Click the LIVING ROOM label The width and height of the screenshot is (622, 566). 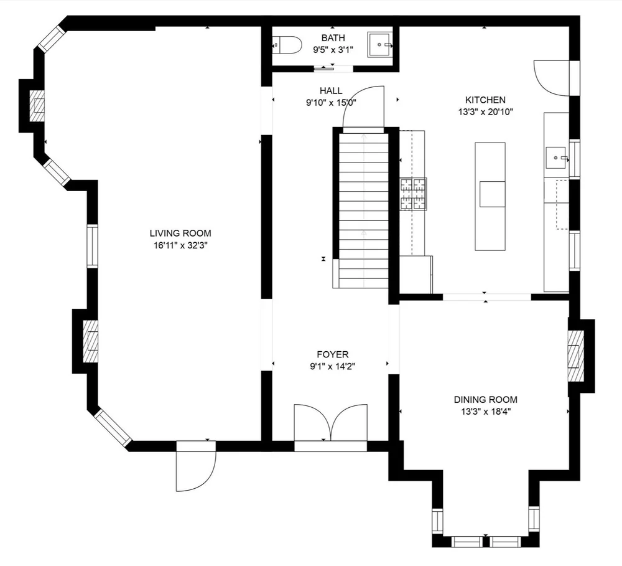pos(175,233)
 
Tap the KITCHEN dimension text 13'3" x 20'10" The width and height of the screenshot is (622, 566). pos(485,112)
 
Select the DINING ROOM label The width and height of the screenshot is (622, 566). pos(485,400)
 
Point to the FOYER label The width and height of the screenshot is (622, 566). pos(332,354)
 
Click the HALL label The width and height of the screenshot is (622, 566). pos(331,91)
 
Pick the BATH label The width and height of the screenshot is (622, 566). pos(333,38)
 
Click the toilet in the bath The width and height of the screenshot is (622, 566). pos(287,45)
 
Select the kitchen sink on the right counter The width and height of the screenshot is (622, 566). pos(556,158)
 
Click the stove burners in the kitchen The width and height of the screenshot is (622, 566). pos(414,192)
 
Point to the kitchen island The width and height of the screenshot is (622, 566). pos(490,196)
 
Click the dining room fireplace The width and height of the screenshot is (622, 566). pos(576,356)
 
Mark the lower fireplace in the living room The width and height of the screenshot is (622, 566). pos(91,341)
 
